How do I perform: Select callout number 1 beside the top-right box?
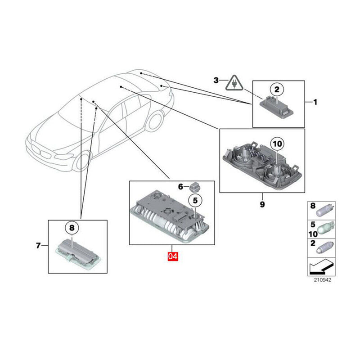pyautogui.click(x=315, y=103)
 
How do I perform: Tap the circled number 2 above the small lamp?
pyautogui.click(x=277, y=90)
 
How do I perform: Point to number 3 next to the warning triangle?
pyautogui.click(x=216, y=81)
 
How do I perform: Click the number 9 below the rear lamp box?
pyautogui.click(x=262, y=205)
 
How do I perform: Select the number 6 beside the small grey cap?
pyautogui.click(x=180, y=186)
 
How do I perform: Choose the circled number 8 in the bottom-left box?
pyautogui.click(x=72, y=228)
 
